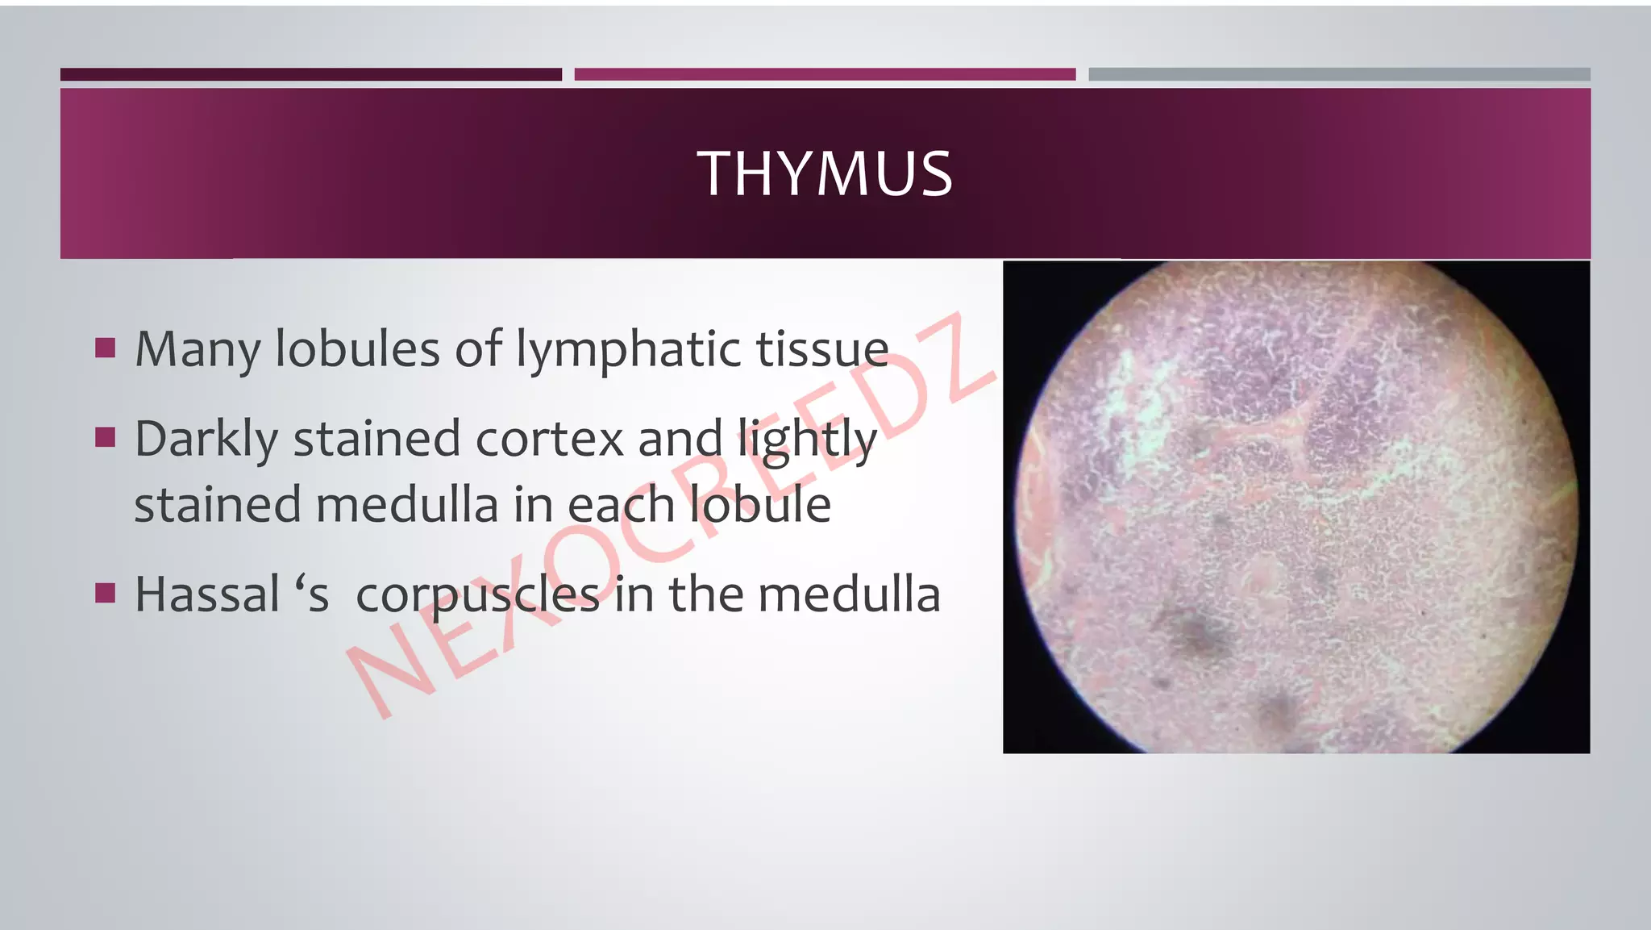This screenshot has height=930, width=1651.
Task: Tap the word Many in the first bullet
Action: coord(198,349)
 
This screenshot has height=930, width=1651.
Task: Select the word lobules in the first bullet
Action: coord(357,349)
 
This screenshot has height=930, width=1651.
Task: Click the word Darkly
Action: coord(206,440)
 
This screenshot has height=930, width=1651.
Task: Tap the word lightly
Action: coord(808,440)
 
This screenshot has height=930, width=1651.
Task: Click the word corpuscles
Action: coord(477,596)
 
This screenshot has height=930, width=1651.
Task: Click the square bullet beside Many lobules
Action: coord(105,348)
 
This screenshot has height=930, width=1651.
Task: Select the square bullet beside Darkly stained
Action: coord(105,438)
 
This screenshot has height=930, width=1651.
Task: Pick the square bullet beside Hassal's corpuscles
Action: coord(105,594)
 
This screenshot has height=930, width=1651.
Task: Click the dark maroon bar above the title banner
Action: coord(310,74)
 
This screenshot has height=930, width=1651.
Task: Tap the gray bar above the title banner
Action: coord(1339,74)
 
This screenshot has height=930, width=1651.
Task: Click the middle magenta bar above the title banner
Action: coord(825,74)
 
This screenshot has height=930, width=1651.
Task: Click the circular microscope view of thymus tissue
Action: coord(1295,508)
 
